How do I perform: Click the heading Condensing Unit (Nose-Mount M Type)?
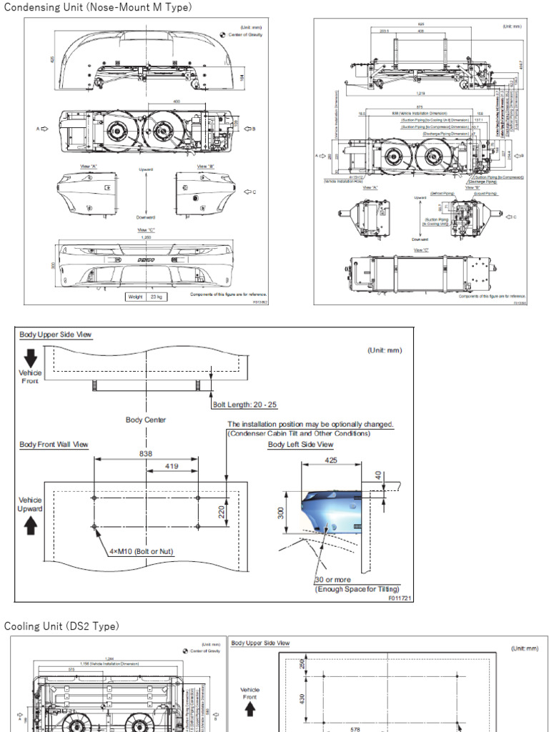point(98,7)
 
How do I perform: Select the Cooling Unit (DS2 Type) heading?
point(61,626)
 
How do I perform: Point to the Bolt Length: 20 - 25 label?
point(245,405)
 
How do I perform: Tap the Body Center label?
point(146,420)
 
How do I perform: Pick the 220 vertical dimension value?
point(222,511)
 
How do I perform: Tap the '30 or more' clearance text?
point(333,580)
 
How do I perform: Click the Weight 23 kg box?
point(146,296)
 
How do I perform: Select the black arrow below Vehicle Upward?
point(30,526)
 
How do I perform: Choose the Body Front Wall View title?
point(54,445)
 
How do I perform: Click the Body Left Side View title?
point(300,445)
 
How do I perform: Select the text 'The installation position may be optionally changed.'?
point(310,424)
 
